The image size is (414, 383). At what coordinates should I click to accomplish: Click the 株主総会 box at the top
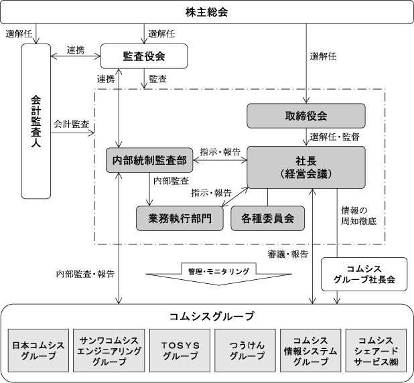207,11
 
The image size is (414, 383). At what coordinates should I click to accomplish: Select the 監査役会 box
141,56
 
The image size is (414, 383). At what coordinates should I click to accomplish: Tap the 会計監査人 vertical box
37,121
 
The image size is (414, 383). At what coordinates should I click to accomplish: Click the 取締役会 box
306,116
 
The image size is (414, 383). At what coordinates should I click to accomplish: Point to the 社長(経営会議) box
306,167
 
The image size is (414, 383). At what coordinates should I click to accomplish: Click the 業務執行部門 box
179,218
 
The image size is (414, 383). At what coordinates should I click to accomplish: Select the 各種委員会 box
267,218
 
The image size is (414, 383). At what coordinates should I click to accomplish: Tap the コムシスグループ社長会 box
364,274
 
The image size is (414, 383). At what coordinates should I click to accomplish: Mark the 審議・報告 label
288,254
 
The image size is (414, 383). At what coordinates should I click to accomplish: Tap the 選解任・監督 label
335,137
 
